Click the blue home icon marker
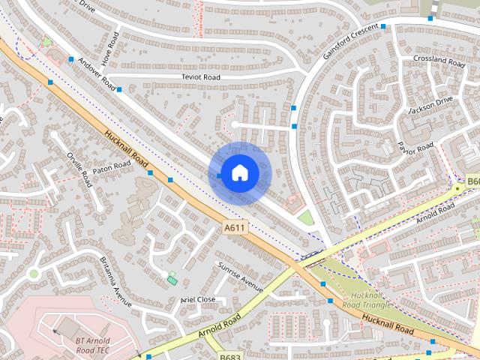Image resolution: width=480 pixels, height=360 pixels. pos(239,173)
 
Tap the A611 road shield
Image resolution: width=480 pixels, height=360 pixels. pos(235,227)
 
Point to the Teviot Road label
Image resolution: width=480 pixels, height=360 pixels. pos(200,77)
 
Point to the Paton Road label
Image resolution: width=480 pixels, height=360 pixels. pos(112,167)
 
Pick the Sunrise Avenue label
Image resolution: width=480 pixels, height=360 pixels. pos(240,277)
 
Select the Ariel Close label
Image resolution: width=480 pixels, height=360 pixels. pos(198,299)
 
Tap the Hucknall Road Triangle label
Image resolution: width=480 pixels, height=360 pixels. pos(367,300)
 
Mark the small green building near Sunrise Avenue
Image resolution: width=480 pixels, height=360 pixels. pos(172,280)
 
